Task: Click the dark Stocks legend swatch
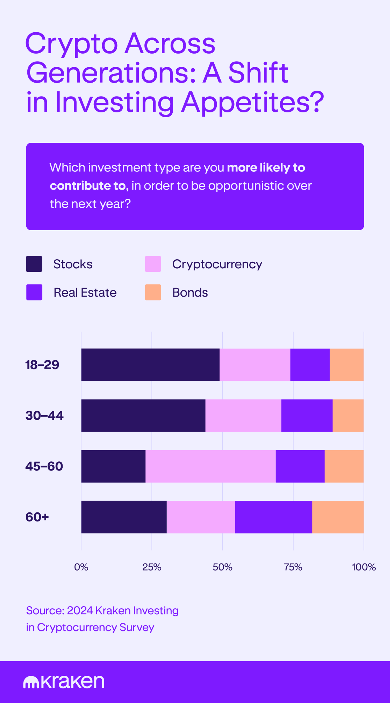point(34,264)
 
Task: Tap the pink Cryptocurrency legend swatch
point(153,264)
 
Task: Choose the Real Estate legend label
point(85,293)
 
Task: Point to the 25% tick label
point(152,567)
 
